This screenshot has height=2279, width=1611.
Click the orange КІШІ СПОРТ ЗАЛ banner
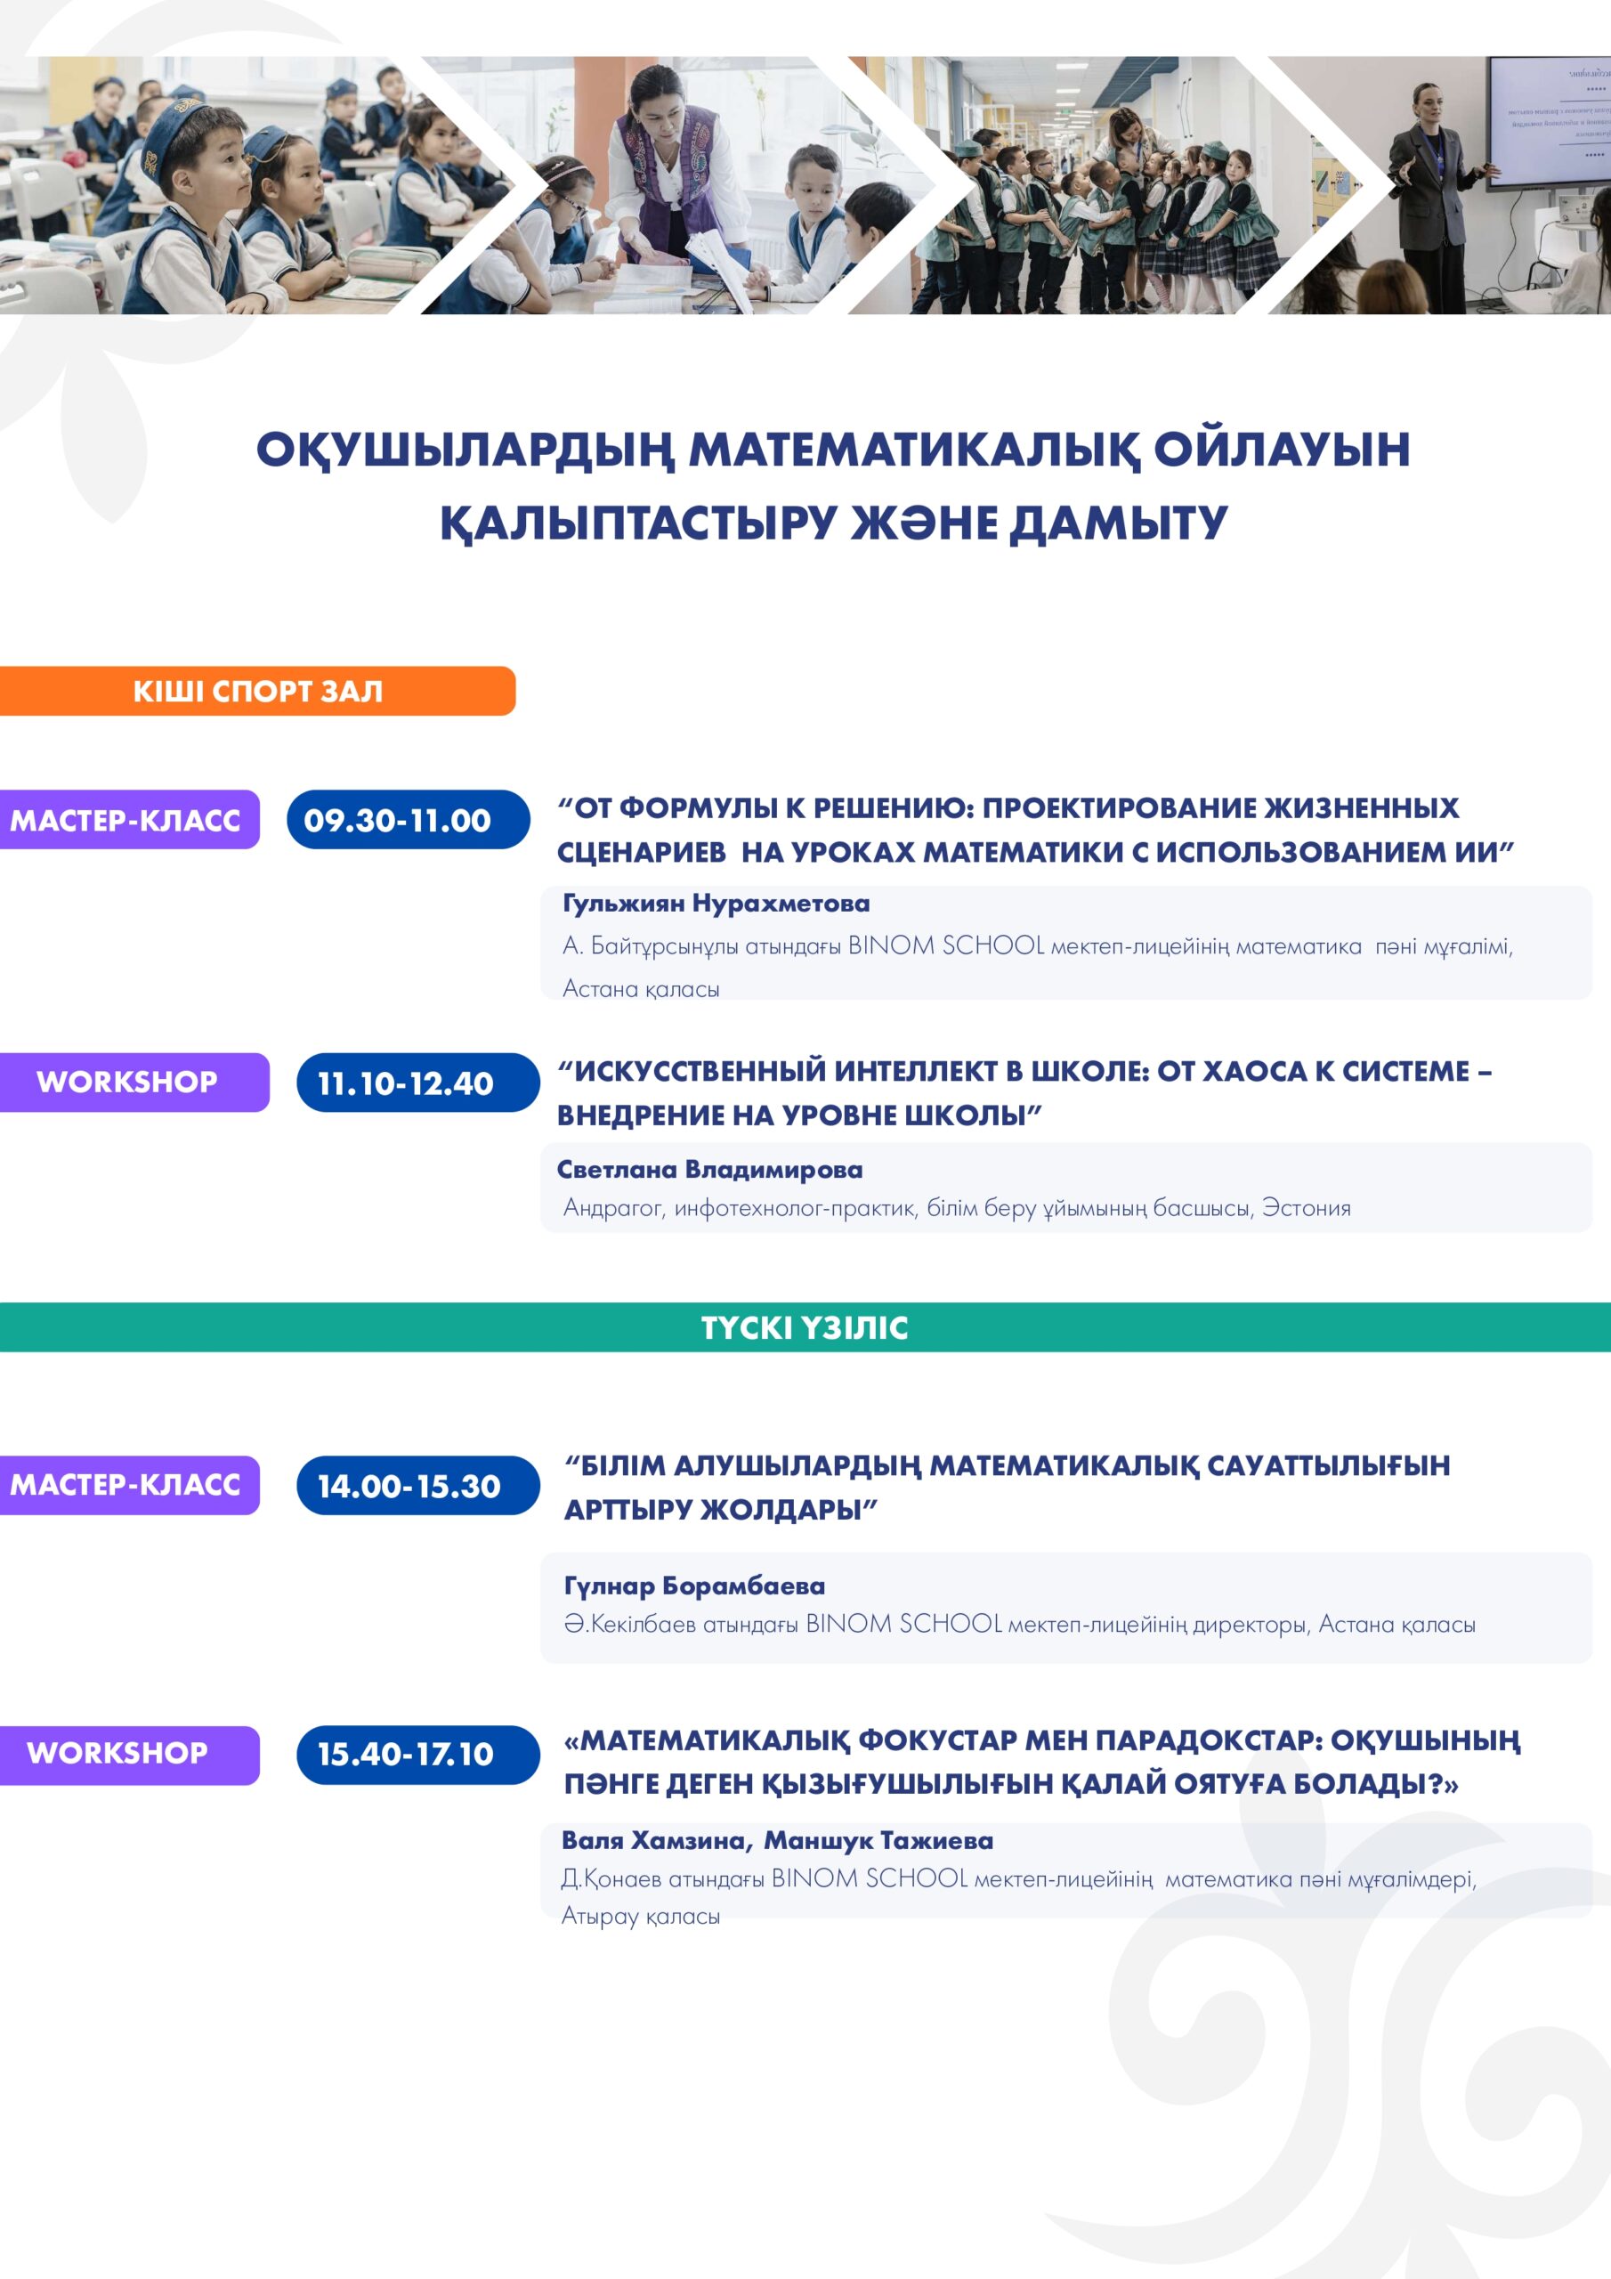click(257, 691)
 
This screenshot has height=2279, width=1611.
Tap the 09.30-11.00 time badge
click(408, 820)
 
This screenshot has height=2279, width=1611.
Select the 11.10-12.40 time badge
click(418, 1083)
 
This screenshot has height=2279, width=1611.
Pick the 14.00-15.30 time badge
click(418, 1485)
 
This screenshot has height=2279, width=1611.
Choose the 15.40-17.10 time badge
click(418, 1755)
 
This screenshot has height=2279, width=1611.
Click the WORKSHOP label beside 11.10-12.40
click(134, 1083)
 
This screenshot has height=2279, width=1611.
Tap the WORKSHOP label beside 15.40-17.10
click(129, 1755)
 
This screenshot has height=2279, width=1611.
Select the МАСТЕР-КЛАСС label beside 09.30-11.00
click(129, 820)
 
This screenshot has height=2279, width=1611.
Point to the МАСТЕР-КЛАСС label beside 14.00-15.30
click(129, 1485)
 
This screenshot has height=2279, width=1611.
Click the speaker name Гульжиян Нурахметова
click(716, 904)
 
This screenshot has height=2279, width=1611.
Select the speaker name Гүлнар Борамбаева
click(695, 1586)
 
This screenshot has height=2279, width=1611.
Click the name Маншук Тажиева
click(878, 1840)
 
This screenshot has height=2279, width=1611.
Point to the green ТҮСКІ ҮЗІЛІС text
click(805, 1327)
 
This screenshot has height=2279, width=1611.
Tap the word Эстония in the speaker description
click(1307, 1208)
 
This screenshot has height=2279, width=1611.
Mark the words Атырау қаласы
click(640, 1916)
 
